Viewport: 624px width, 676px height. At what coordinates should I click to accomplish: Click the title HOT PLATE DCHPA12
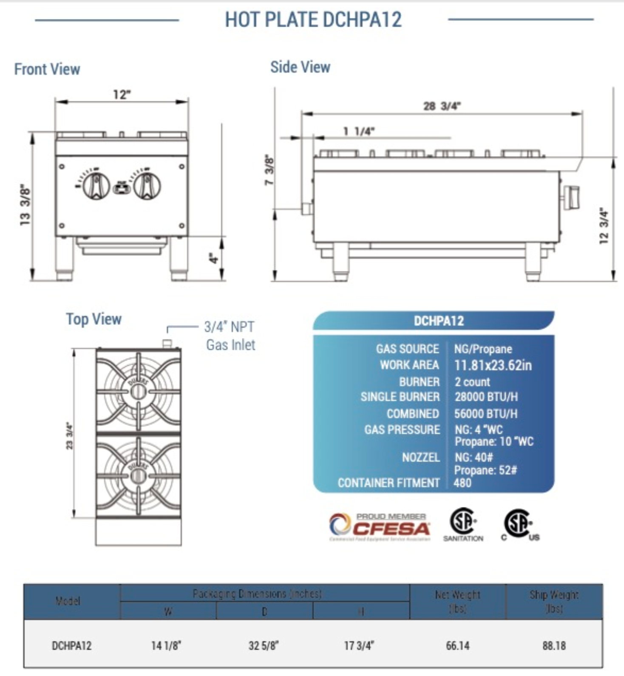click(x=313, y=20)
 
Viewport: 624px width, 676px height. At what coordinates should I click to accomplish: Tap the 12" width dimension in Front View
click(x=122, y=94)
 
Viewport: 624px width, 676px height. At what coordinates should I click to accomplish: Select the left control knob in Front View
click(x=96, y=186)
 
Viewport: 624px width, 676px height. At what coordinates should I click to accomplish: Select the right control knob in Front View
click(x=147, y=186)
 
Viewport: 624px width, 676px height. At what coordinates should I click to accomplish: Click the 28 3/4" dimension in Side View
click(x=442, y=106)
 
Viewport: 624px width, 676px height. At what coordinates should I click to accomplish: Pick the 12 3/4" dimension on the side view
click(x=604, y=225)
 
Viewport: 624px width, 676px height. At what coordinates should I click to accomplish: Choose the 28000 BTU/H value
click(x=486, y=397)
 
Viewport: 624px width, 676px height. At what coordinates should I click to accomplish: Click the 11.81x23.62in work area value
click(x=493, y=365)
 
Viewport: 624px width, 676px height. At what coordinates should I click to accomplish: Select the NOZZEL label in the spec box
click(x=421, y=457)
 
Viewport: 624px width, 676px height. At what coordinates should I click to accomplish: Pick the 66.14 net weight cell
click(x=458, y=646)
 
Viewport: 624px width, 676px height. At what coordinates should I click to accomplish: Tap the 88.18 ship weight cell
click(x=554, y=646)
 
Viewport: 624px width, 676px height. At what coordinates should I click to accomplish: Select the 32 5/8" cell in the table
click(x=264, y=646)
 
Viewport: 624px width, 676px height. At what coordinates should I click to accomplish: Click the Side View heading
click(x=300, y=67)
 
